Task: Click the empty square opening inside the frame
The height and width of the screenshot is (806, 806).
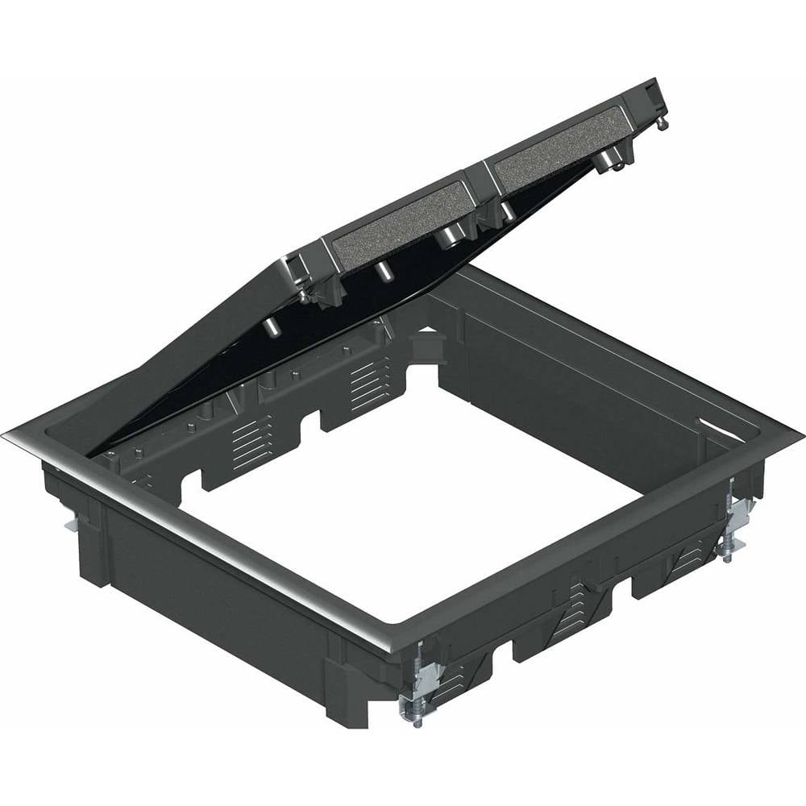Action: pyautogui.click(x=403, y=500)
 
